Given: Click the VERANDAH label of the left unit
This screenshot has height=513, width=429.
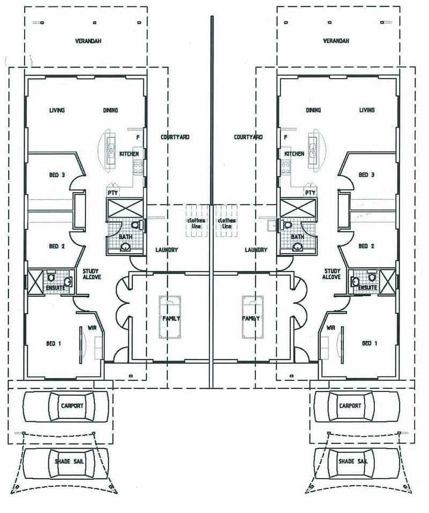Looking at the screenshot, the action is tap(88, 41).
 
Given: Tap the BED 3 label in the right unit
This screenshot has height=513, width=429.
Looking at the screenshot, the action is tap(366, 175).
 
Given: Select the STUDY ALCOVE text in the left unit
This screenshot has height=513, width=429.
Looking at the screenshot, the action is tap(92, 274).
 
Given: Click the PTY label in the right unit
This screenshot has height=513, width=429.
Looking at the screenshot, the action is tap(310, 193).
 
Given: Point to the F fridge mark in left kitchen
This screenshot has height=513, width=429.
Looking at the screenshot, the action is tap(138, 138).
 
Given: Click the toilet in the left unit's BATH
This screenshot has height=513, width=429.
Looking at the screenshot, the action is tap(136, 225).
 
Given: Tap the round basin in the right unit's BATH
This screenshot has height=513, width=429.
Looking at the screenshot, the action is tap(298, 247).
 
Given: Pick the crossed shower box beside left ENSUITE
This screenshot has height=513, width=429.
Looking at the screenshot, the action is tap(35, 282).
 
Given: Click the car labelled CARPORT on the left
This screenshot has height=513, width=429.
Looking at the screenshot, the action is tap(65, 406).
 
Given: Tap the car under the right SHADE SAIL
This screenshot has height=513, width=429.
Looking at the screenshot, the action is tap(357, 463).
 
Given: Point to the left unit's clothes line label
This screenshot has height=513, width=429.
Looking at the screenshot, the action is tap(196, 223).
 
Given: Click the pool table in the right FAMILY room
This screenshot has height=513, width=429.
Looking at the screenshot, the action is tap(253, 317).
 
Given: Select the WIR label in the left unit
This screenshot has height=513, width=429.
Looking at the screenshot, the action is tap(92, 328).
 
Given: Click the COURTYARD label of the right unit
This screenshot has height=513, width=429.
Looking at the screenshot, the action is tap(248, 137).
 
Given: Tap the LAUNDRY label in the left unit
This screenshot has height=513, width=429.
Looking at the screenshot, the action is tap(166, 250).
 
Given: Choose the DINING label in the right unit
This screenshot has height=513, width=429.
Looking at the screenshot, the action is tap(313, 110).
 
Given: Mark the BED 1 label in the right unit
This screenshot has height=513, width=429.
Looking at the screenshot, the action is tap(369, 343).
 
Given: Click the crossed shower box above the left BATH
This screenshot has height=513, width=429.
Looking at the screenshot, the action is tap(125, 208).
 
